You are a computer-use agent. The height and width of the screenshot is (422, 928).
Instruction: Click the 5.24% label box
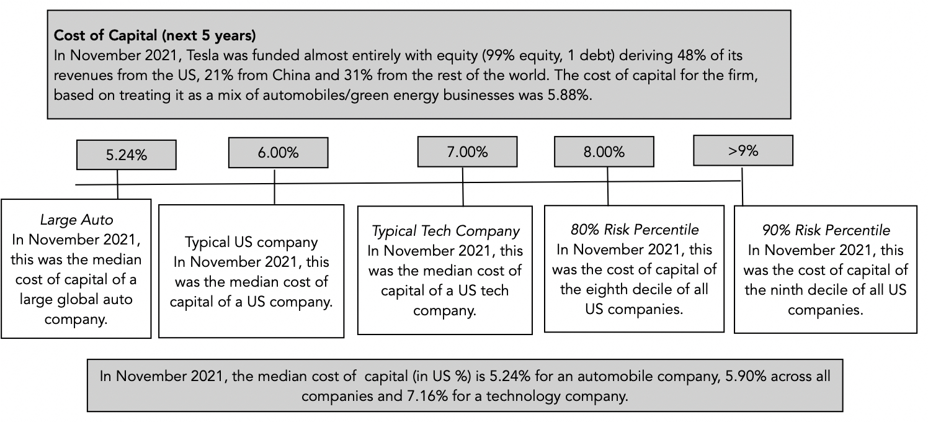pyautogui.click(x=126, y=155)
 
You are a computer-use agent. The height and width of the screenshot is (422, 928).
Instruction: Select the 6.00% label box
pyautogui.click(x=278, y=153)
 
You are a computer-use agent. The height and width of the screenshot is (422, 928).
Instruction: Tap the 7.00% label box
pyautogui.click(x=467, y=152)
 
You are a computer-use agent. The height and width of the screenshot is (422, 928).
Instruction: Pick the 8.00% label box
pyautogui.click(x=604, y=152)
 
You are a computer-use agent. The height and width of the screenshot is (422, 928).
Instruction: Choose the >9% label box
pyautogui.click(x=743, y=150)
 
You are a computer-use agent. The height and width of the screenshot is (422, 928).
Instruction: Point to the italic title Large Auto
pyautogui.click(x=76, y=220)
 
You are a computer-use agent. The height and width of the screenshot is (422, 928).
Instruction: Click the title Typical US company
pyautogui.click(x=251, y=243)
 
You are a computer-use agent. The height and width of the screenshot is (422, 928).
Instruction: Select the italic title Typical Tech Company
pyautogui.click(x=445, y=231)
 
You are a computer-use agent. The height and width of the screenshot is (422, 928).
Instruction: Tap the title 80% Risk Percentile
pyautogui.click(x=635, y=230)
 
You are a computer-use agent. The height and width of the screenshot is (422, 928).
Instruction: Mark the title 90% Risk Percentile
pyautogui.click(x=826, y=230)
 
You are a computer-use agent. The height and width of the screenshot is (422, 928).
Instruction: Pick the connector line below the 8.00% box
pyautogui.click(x=608, y=194)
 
